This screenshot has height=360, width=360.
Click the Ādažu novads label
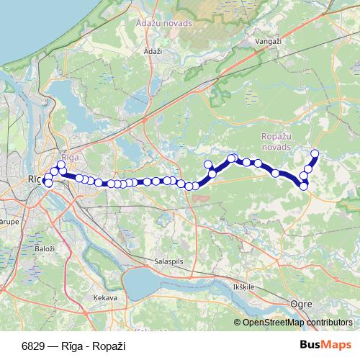pyautogui.click(x=165, y=23)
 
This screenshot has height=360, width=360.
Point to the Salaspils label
pyautogui.click(x=170, y=261)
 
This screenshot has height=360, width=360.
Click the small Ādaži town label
pyautogui.click(x=153, y=52)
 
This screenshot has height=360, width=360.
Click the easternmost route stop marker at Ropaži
pyautogui.click(x=315, y=153)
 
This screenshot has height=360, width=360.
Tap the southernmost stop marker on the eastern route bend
pyautogui.click(x=304, y=186)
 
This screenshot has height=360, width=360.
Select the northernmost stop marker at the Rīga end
pyautogui.click(x=61, y=165)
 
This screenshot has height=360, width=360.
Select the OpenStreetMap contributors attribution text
pyautogui.click(x=299, y=323)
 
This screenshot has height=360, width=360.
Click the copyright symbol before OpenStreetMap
pyautogui.click(x=237, y=323)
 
